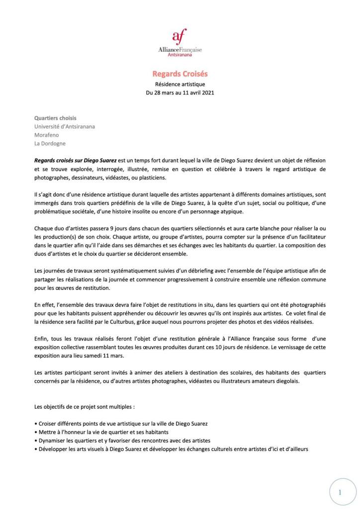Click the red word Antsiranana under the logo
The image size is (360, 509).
click(x=180, y=55)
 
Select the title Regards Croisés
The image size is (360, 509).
click(x=180, y=74)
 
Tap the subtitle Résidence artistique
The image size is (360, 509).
click(x=180, y=85)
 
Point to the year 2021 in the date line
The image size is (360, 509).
click(x=208, y=93)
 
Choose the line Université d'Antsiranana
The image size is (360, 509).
click(x=65, y=126)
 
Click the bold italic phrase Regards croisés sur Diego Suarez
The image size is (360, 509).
click(x=75, y=161)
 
